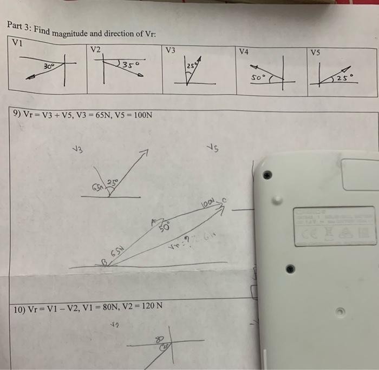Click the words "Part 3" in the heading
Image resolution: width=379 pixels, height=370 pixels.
coord(20,27)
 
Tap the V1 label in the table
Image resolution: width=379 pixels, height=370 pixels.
coord(18,43)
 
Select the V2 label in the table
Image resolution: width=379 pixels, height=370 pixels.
coord(95,49)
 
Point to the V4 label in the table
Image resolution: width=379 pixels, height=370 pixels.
coord(244,51)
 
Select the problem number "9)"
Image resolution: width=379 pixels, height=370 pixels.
coord(17,115)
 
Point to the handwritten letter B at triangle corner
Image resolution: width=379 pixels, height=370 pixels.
coord(104,261)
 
